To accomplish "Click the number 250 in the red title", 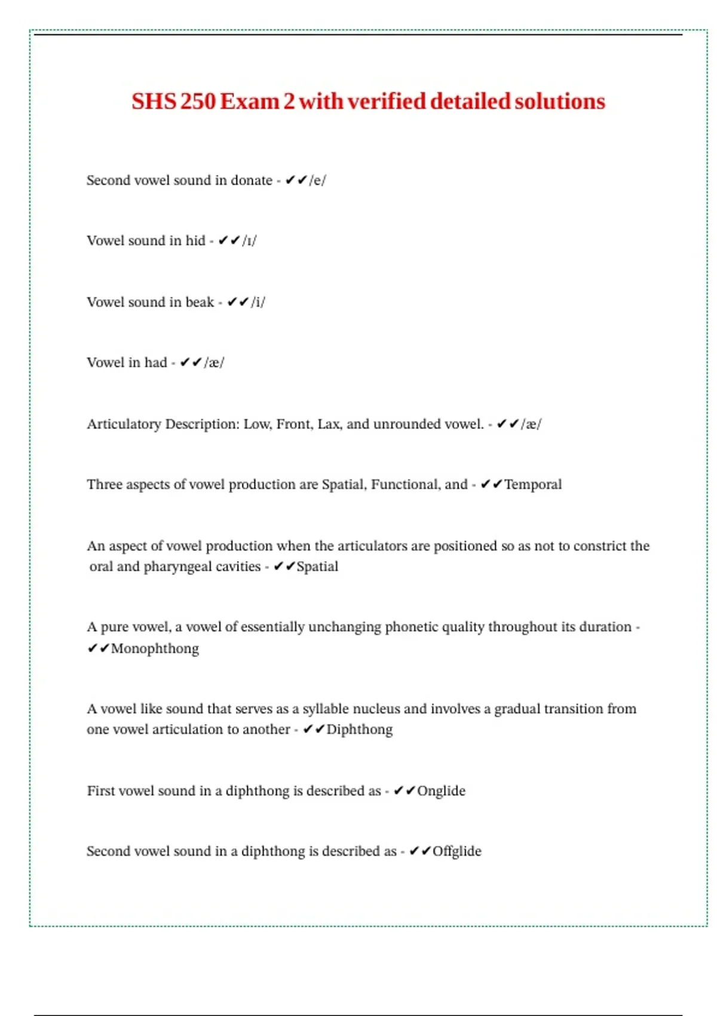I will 197,102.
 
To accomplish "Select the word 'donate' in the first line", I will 251,180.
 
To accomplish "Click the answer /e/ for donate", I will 317,180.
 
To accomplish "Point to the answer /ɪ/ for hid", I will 249,241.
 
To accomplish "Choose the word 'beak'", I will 200,302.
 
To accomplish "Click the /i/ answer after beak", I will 258,302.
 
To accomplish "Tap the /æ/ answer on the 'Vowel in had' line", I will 213,363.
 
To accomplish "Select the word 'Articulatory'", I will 124,424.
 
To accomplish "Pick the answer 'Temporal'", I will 533,485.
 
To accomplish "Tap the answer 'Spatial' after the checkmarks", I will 317,567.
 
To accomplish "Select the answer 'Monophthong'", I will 155,648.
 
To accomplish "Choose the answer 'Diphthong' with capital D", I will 360,730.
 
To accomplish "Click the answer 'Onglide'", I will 441,791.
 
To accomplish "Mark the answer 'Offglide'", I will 456,852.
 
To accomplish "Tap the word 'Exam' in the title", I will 249,102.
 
